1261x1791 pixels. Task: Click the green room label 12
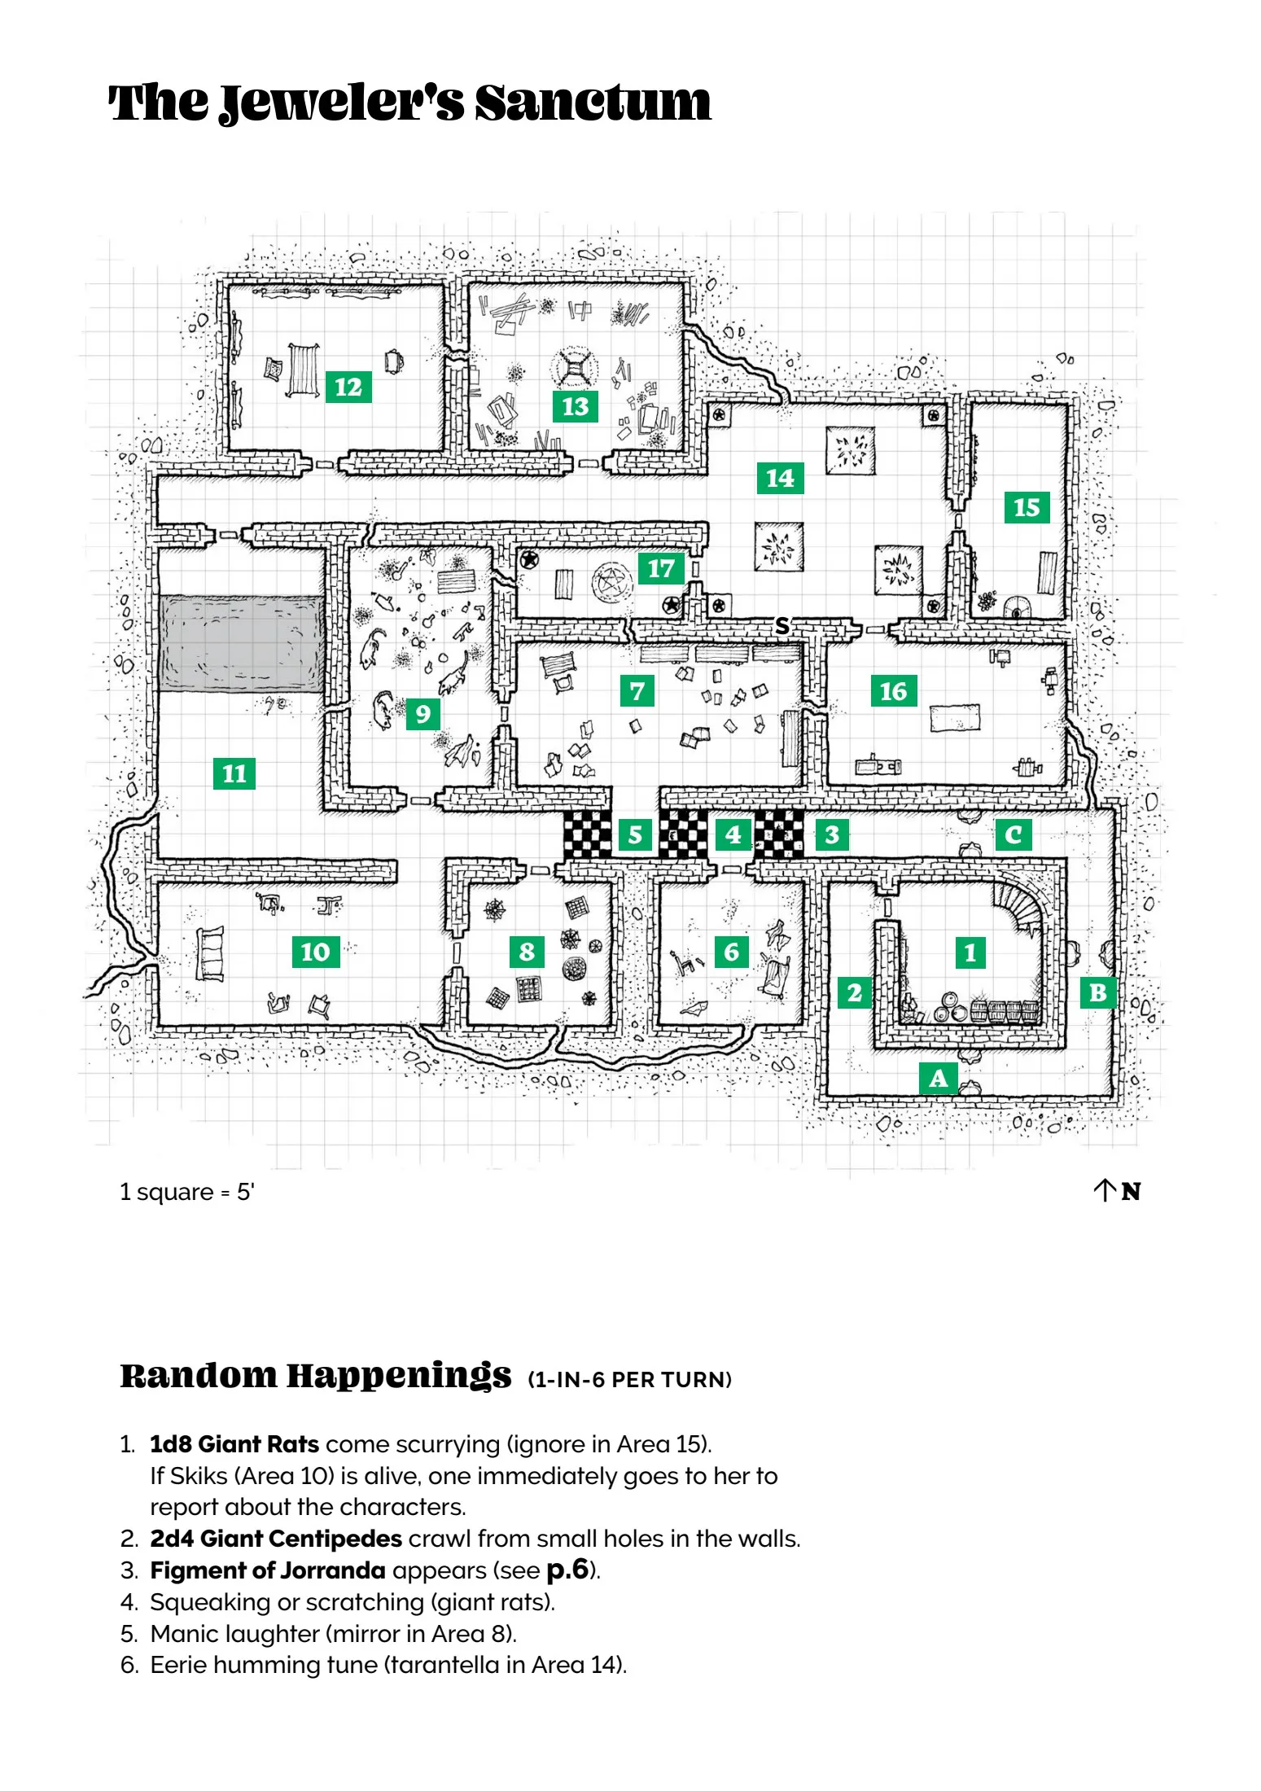pyautogui.click(x=348, y=387)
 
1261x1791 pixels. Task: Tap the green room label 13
pyautogui.click(x=576, y=406)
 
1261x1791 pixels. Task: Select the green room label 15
pyautogui.click(x=1027, y=507)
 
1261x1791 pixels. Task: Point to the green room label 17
pyautogui.click(x=661, y=568)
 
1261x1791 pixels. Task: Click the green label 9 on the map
pyautogui.click(x=423, y=714)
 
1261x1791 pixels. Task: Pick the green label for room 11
pyautogui.click(x=234, y=773)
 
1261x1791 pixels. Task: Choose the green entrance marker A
pyautogui.click(x=939, y=1078)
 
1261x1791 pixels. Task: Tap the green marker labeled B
pyautogui.click(x=1098, y=992)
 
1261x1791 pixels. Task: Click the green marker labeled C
pyautogui.click(x=1014, y=834)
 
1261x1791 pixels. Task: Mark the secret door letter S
pyautogui.click(x=782, y=625)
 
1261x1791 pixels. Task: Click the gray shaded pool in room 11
pyautogui.click(x=242, y=643)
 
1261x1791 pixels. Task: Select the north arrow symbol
pyautogui.click(x=1104, y=1191)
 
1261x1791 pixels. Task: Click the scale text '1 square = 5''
pyautogui.click(x=187, y=1192)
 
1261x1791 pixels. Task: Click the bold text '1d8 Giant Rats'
pyautogui.click(x=234, y=1444)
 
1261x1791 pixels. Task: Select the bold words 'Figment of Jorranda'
pyautogui.click(x=268, y=1570)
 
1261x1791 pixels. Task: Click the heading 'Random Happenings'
pyautogui.click(x=316, y=1376)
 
